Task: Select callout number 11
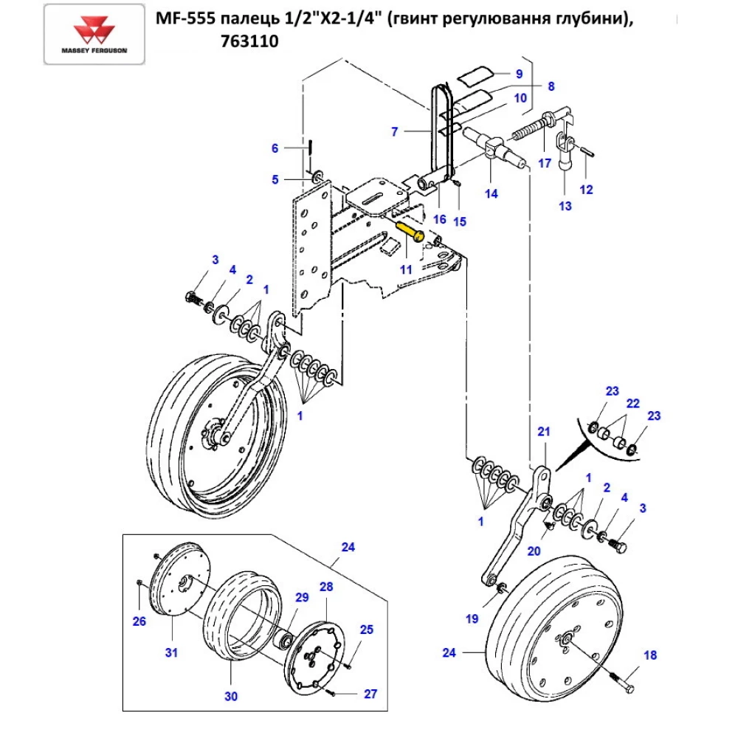(406, 269)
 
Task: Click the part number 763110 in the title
(249, 42)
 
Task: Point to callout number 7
(395, 132)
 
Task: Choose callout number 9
(519, 74)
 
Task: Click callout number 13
(565, 206)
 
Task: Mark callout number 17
(545, 163)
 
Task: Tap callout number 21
(544, 432)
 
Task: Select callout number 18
(649, 655)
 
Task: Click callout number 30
(230, 696)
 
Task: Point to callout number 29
(301, 597)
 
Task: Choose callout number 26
(139, 621)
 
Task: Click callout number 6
(275, 148)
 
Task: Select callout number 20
(534, 551)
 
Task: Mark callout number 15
(460, 221)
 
